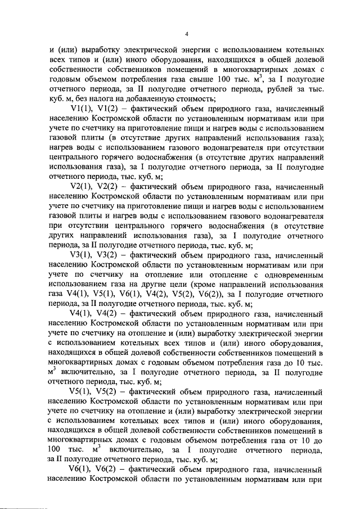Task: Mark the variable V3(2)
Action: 111,254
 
